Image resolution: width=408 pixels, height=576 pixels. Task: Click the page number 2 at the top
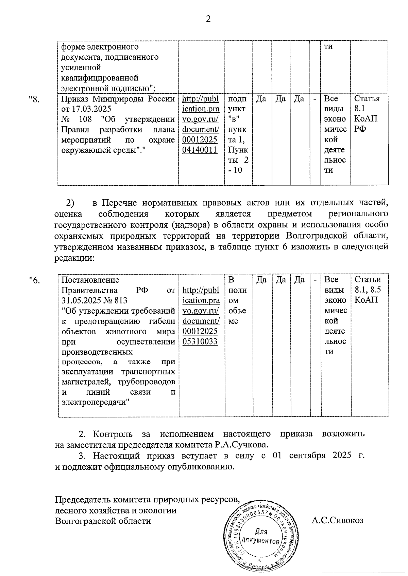208,19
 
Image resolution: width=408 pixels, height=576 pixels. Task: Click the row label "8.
35,99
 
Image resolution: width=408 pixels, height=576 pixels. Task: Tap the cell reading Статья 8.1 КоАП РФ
367,114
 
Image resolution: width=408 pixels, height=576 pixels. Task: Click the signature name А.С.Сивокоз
337,520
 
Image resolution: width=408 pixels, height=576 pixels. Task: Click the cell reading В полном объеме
237,300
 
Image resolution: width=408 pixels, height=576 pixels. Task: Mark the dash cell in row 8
315,99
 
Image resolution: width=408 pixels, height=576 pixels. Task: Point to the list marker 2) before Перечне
70,203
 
